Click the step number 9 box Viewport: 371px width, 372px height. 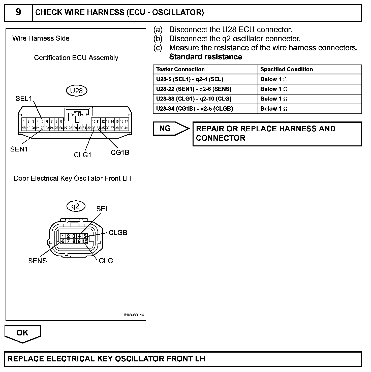[x=18, y=12]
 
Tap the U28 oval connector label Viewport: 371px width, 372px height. [x=76, y=91]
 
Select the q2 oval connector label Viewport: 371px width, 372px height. [x=76, y=206]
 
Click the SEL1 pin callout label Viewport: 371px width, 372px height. [x=24, y=99]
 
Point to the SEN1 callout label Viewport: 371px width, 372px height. [x=19, y=149]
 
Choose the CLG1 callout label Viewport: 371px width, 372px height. [x=82, y=155]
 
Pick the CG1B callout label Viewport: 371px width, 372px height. [x=120, y=152]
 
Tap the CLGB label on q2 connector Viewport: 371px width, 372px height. [x=118, y=233]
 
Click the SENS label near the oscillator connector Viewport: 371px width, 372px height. [x=37, y=261]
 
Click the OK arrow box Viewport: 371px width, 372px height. [x=22, y=333]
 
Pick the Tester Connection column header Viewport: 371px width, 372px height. [x=180, y=69]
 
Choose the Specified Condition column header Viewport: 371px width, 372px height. [x=287, y=69]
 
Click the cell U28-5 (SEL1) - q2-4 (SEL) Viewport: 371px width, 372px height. [x=190, y=79]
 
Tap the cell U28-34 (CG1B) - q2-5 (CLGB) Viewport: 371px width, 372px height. [x=194, y=109]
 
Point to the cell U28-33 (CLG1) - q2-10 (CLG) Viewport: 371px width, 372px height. [x=194, y=99]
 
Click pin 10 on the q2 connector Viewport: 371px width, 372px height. [x=85, y=241]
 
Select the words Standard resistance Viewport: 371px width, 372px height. [x=205, y=57]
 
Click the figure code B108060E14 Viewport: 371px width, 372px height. [x=134, y=315]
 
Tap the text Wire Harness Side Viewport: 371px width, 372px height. [x=41, y=38]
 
